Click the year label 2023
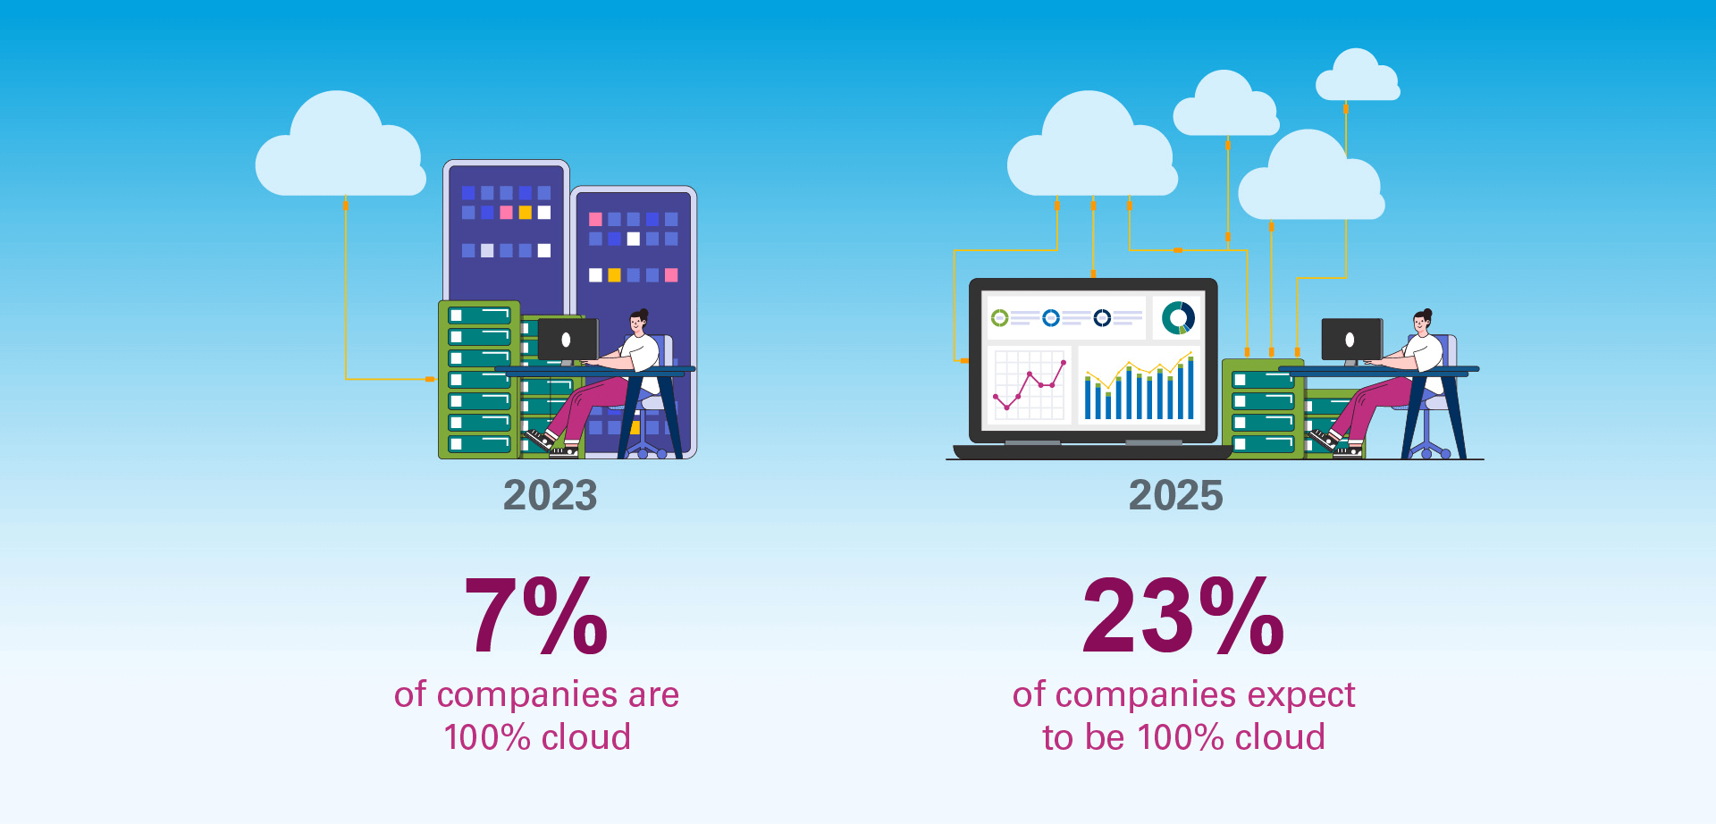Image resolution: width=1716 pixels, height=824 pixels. (550, 495)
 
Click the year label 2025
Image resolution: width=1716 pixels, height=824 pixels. (1175, 495)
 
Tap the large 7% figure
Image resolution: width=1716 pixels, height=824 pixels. (536, 616)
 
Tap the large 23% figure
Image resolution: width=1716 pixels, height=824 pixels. (1183, 616)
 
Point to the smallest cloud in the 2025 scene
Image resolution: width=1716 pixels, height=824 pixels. (1358, 75)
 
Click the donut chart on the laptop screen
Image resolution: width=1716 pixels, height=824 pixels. (1178, 317)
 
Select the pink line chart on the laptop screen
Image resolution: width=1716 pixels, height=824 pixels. (1030, 384)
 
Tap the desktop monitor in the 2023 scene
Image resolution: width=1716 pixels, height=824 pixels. (568, 341)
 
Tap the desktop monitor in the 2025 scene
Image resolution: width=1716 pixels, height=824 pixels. (1351, 341)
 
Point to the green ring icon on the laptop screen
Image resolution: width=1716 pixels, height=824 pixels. (1000, 318)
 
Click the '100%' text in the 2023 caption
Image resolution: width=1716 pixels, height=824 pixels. (487, 737)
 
